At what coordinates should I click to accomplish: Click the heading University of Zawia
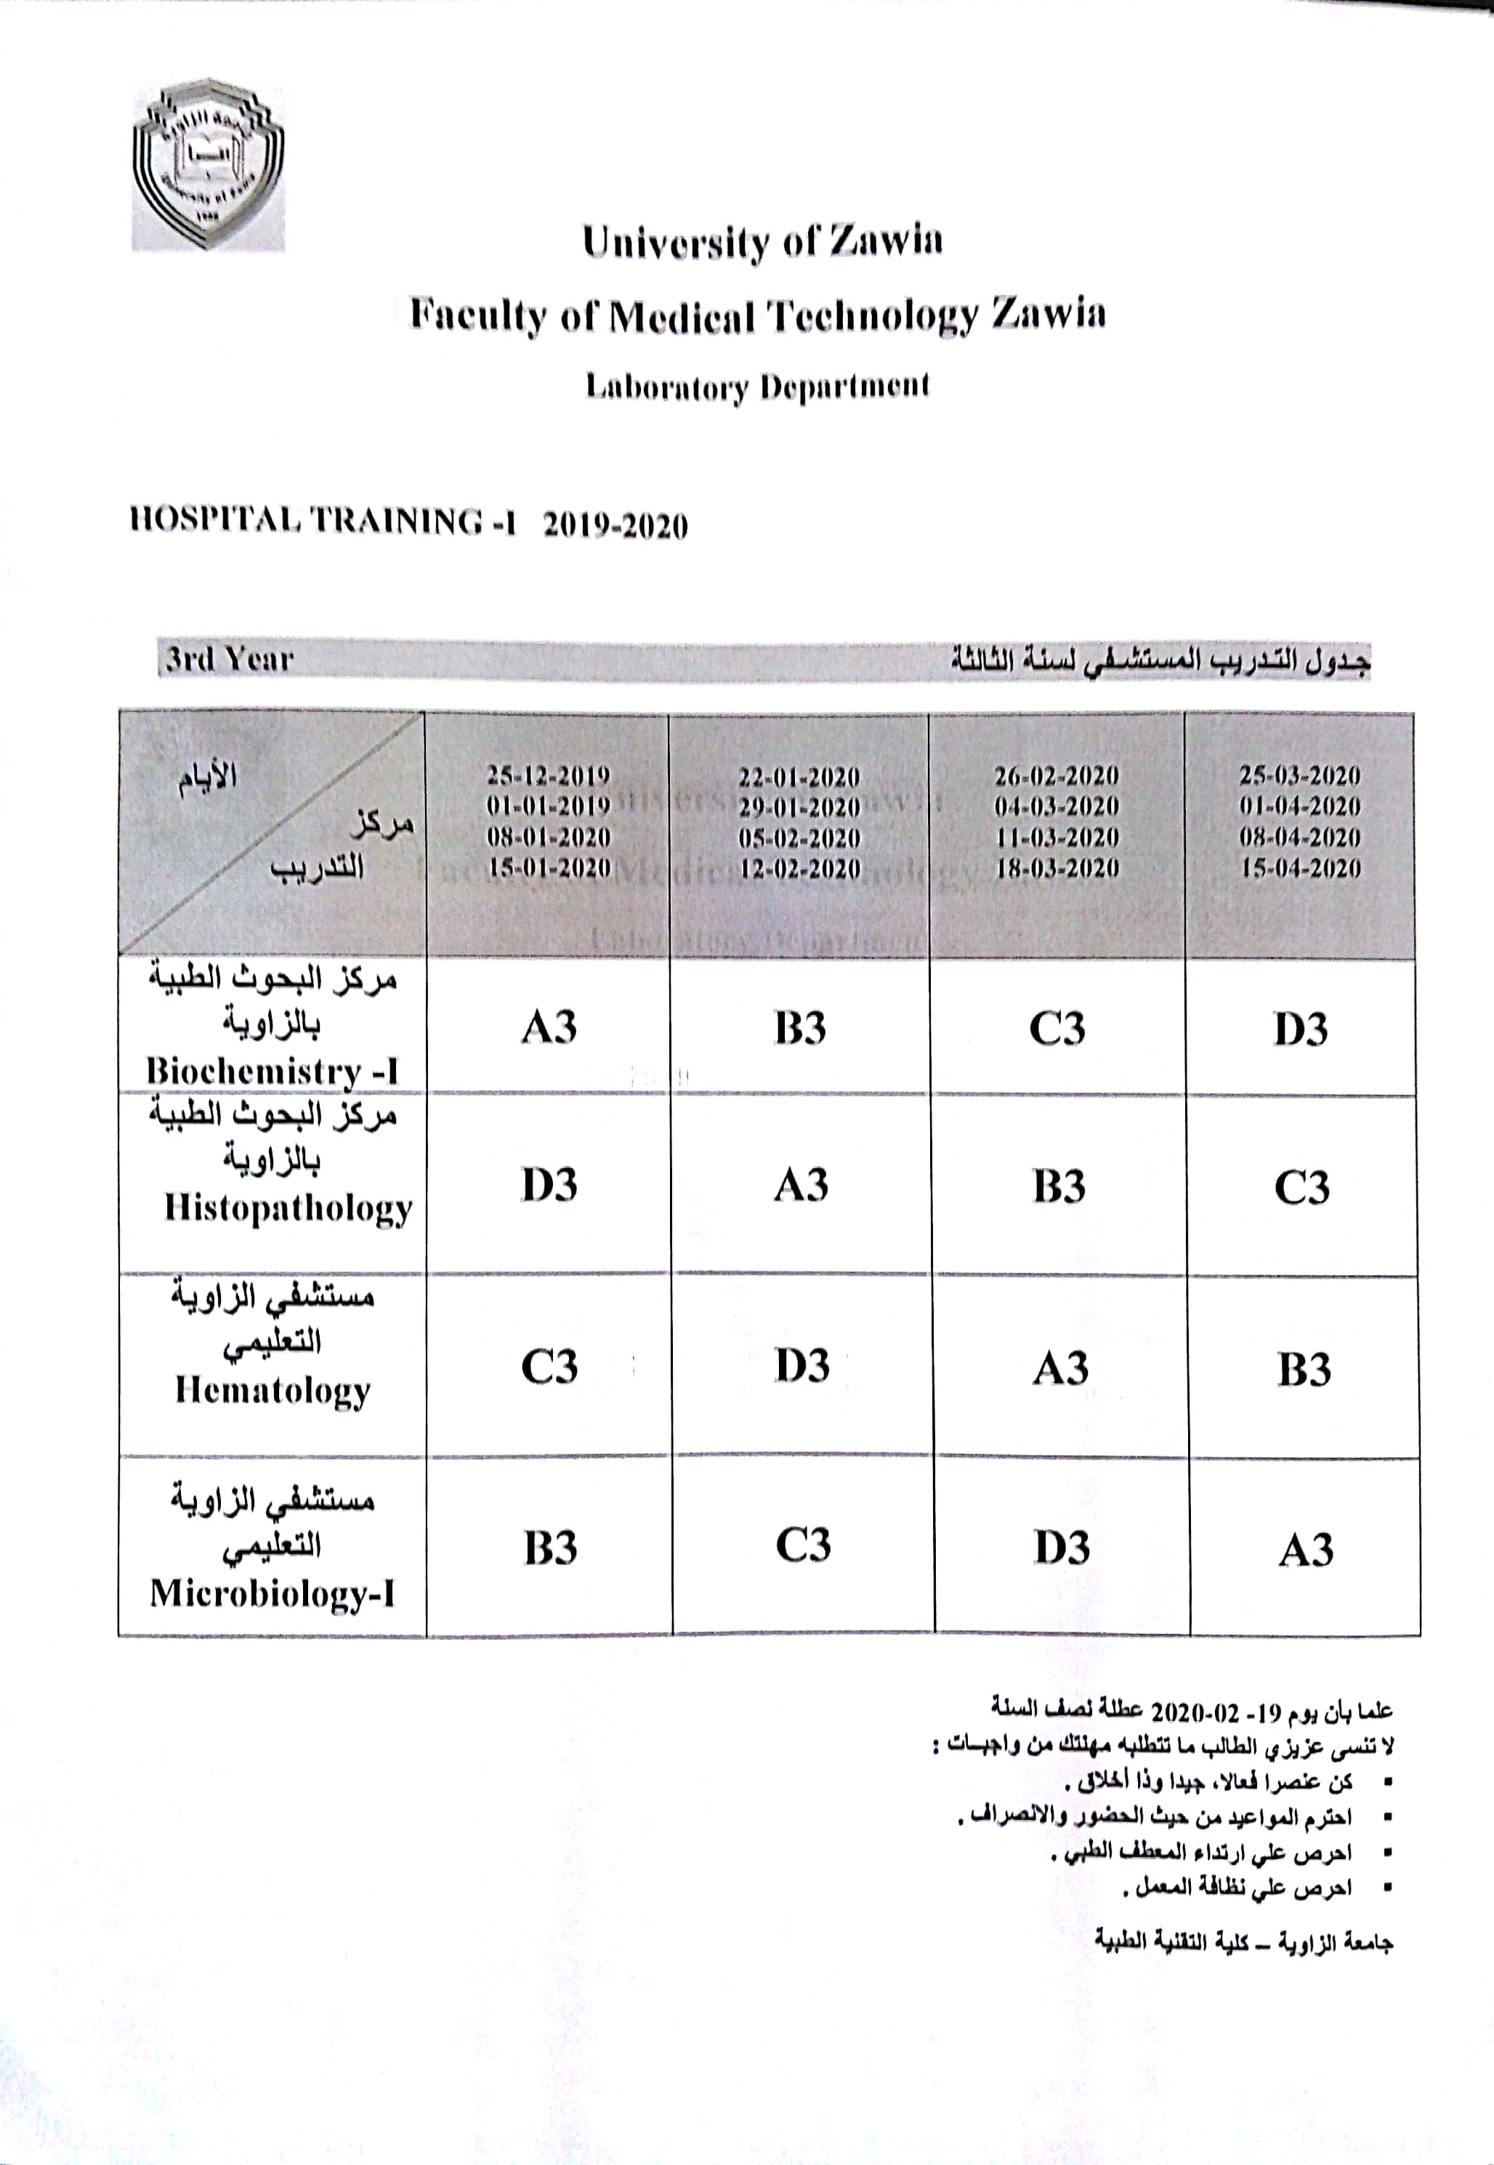(x=762, y=241)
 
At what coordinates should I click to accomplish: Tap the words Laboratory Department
(x=757, y=387)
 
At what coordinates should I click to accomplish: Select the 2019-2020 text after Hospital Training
(x=615, y=525)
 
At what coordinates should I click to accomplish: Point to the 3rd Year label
(x=230, y=660)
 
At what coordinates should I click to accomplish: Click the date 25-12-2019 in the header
(x=548, y=775)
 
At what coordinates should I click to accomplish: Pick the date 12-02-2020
(x=799, y=869)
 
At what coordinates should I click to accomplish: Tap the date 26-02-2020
(x=1056, y=775)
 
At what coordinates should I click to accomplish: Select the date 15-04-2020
(x=1300, y=867)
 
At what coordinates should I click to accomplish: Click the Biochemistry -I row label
(x=272, y=1071)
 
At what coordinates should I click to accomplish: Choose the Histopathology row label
(x=288, y=1207)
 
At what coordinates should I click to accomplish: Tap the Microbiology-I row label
(x=272, y=1593)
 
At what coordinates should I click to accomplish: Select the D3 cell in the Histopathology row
(x=549, y=1185)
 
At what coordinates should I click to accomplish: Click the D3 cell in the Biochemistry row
(x=1300, y=1029)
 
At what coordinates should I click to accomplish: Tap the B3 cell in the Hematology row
(x=1303, y=1370)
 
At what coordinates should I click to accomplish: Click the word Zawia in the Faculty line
(x=1049, y=314)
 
